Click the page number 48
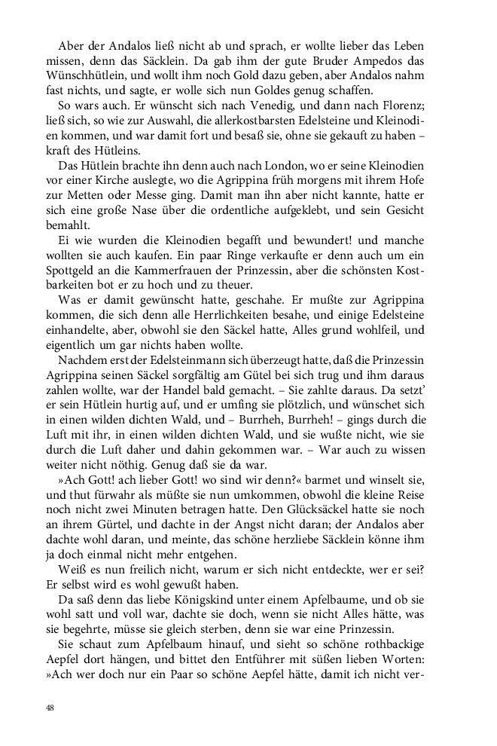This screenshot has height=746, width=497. pyautogui.click(x=50, y=708)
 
